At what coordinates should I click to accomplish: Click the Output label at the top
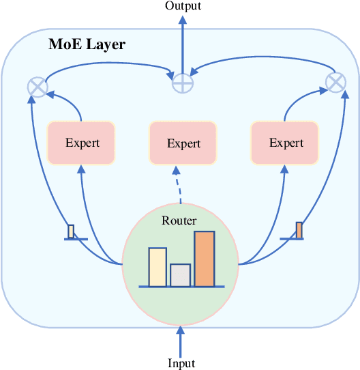[182, 6]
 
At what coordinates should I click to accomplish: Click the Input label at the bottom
[181, 363]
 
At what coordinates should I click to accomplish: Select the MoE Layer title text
[87, 45]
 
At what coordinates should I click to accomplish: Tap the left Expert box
[82, 143]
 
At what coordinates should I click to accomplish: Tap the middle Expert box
[183, 143]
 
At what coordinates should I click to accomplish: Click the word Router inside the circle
[179, 220]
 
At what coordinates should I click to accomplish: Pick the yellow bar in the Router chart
[157, 267]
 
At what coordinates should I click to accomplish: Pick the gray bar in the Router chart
[180, 274]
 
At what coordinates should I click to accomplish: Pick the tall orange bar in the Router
[204, 259]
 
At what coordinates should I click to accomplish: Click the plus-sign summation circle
[182, 82]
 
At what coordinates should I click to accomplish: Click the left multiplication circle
[36, 87]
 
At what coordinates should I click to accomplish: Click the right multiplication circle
[335, 83]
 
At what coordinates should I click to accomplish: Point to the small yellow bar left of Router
[71, 231]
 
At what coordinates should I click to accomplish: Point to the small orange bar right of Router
[299, 230]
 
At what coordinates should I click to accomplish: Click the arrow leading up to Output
[182, 41]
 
